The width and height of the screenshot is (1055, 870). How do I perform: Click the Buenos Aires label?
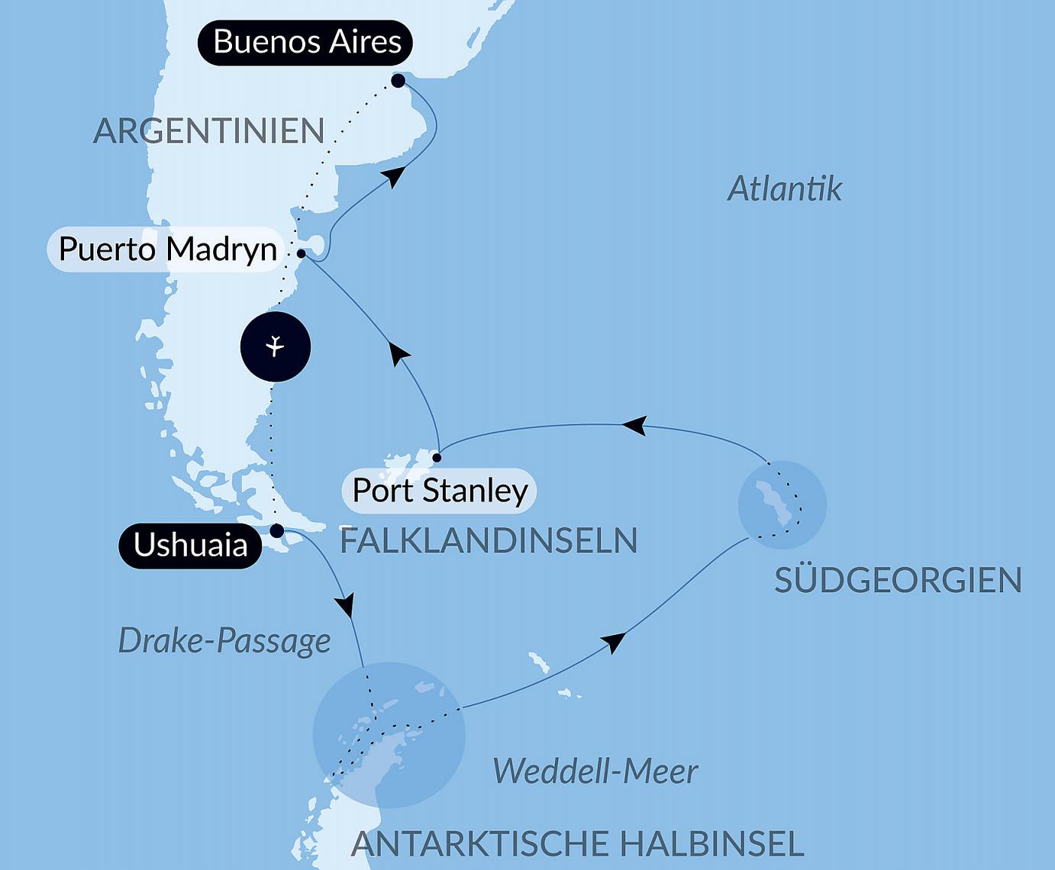305,42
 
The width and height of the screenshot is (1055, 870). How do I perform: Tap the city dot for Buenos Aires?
398,80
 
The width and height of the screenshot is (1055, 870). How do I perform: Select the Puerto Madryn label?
166,250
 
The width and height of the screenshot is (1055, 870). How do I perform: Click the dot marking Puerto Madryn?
301,253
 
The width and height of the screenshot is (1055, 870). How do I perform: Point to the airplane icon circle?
275,346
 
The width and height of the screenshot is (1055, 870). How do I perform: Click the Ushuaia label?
190,546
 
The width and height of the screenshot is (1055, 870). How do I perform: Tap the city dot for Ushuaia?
277,530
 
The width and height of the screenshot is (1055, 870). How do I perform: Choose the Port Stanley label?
440,491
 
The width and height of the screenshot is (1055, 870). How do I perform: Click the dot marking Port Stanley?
437,458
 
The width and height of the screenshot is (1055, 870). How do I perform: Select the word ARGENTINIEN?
208,131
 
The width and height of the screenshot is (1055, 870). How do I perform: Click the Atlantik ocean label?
784,188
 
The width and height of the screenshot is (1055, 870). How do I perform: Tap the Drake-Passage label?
224,641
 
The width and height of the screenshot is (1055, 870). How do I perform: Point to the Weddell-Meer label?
595,772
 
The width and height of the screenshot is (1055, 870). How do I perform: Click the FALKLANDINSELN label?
489,541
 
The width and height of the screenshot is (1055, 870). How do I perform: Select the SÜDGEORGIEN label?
898,581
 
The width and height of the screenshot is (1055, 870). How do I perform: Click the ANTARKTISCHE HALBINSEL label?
577,844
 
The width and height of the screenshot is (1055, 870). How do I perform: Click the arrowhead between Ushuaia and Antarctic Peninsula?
346,605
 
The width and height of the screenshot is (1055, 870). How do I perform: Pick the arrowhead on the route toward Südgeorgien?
615,642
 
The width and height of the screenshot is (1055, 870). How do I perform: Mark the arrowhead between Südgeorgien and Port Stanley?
634,425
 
